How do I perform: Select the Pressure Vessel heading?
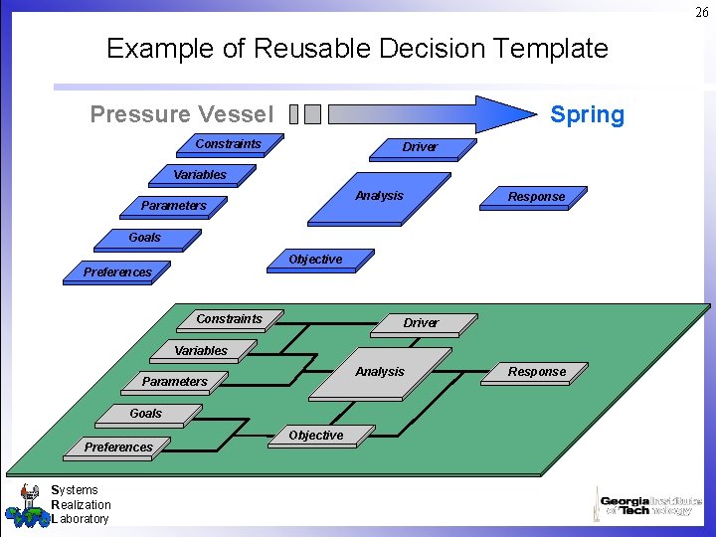click(181, 114)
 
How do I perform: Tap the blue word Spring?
click(587, 114)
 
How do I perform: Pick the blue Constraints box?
click(229, 144)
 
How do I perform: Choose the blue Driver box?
click(420, 147)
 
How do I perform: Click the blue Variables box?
click(200, 175)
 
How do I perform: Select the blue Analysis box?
click(379, 196)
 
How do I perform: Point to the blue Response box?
click(536, 197)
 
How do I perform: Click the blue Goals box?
click(145, 238)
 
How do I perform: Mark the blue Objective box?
click(315, 260)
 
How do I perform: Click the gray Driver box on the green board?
click(420, 323)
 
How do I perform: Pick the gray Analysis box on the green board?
click(380, 372)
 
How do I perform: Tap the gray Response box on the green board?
click(537, 372)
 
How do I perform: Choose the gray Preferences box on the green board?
click(118, 447)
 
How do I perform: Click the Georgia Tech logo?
click(648, 504)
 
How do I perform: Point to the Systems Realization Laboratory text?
click(80, 504)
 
